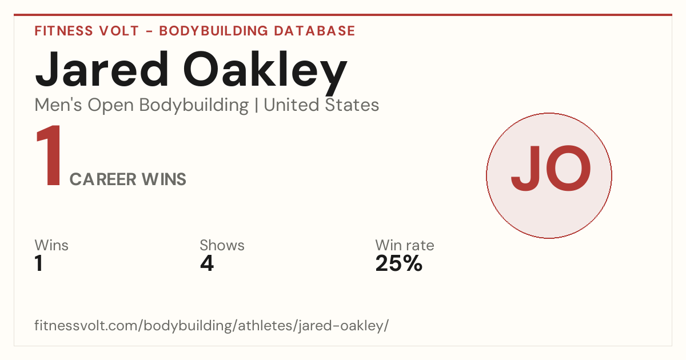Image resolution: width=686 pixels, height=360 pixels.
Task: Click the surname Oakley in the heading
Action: point(265,73)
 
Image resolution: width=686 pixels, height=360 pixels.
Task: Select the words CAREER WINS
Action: point(127,179)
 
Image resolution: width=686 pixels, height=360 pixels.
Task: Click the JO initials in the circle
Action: point(551,168)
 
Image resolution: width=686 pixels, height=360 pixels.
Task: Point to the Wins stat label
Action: point(51,245)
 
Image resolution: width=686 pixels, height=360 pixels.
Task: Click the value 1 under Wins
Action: point(39,263)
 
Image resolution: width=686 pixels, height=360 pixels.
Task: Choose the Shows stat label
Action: point(222,245)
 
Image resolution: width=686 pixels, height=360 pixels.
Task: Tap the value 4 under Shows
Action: point(207,263)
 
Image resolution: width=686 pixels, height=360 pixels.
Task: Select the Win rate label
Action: point(405,245)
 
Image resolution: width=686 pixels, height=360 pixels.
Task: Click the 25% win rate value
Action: point(399,263)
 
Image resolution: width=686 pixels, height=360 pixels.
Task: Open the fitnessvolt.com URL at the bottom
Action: point(212,325)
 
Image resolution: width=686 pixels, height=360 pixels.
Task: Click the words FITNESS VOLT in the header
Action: point(87,31)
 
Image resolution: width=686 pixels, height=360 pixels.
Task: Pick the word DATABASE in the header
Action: point(314,31)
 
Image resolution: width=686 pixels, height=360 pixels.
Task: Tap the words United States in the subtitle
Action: point(321,105)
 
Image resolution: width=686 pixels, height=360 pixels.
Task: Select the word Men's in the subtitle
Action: point(58,105)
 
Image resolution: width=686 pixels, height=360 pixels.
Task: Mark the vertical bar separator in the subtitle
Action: point(256,106)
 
